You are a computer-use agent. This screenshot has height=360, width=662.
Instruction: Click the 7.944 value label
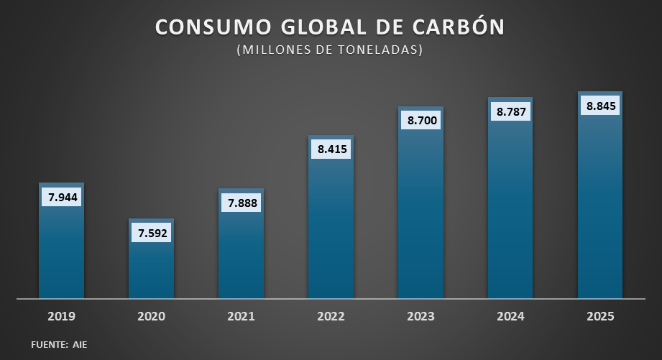[61, 196]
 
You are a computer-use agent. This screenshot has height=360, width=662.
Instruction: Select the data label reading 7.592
[151, 232]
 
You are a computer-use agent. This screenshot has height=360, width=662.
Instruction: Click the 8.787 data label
[511, 111]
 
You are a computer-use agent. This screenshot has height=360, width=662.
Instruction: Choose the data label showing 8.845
[601, 106]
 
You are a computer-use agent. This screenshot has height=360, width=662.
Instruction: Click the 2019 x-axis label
[61, 316]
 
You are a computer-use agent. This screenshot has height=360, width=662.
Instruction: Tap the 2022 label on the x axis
[331, 316]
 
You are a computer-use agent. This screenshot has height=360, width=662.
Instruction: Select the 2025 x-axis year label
[600, 316]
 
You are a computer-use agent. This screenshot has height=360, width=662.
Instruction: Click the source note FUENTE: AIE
[59, 345]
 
